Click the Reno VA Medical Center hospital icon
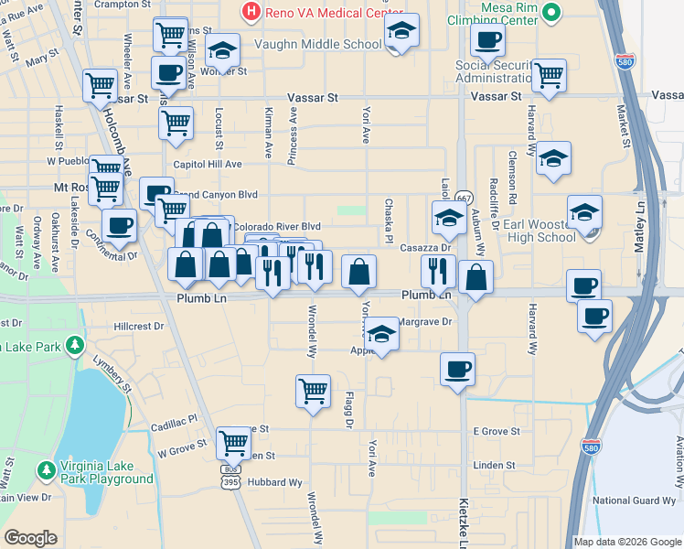pos(251,13)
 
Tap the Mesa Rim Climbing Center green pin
pos(550,13)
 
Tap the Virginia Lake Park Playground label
pos(107,471)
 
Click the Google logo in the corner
pos(30,538)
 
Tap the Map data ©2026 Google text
pos(627,542)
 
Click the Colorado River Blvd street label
pos(277,226)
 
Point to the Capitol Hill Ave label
pos(208,164)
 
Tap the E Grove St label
pos(497,431)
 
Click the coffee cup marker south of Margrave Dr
pos(457,370)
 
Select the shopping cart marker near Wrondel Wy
pos(313,391)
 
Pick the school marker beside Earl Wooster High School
pos(584,214)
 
